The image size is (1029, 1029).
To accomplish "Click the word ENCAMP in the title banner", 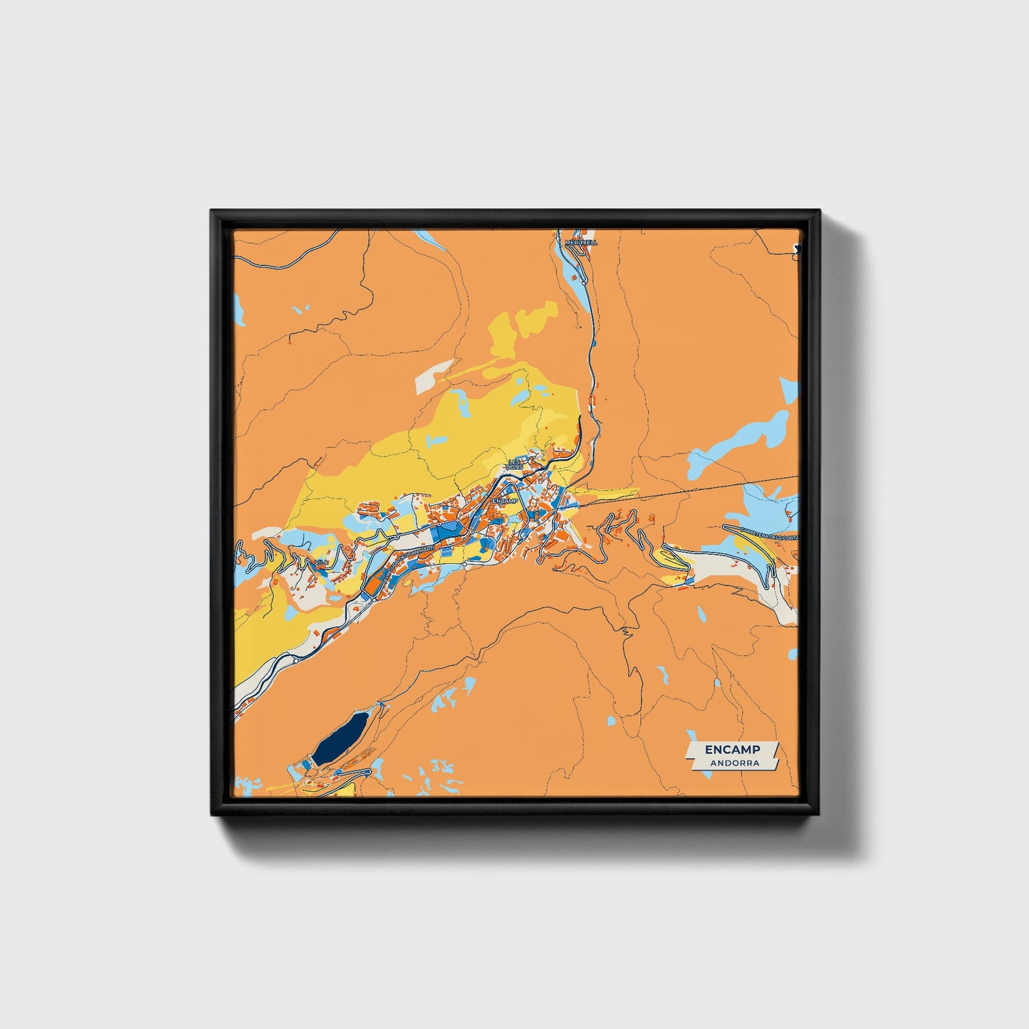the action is (732, 750).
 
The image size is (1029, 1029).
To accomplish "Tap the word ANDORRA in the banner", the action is (733, 763).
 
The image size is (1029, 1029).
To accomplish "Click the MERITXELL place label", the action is (581, 243).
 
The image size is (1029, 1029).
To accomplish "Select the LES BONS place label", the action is (514, 464).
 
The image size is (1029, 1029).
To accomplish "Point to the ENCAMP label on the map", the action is (504, 501).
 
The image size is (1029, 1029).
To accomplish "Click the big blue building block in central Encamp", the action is (449, 531).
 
